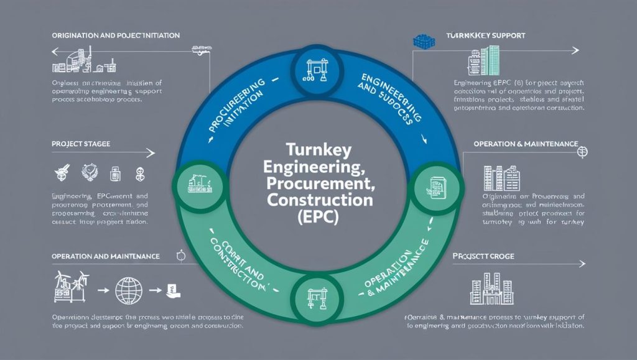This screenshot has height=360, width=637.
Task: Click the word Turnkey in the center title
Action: pyautogui.click(x=318, y=150)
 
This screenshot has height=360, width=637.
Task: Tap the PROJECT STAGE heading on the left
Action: pyautogui.click(x=81, y=144)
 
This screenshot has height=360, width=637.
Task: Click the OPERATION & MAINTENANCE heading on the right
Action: pyautogui.click(x=526, y=144)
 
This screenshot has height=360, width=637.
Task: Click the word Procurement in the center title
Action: pyautogui.click(x=318, y=184)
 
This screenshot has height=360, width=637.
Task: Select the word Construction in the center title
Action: pyautogui.click(x=318, y=201)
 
